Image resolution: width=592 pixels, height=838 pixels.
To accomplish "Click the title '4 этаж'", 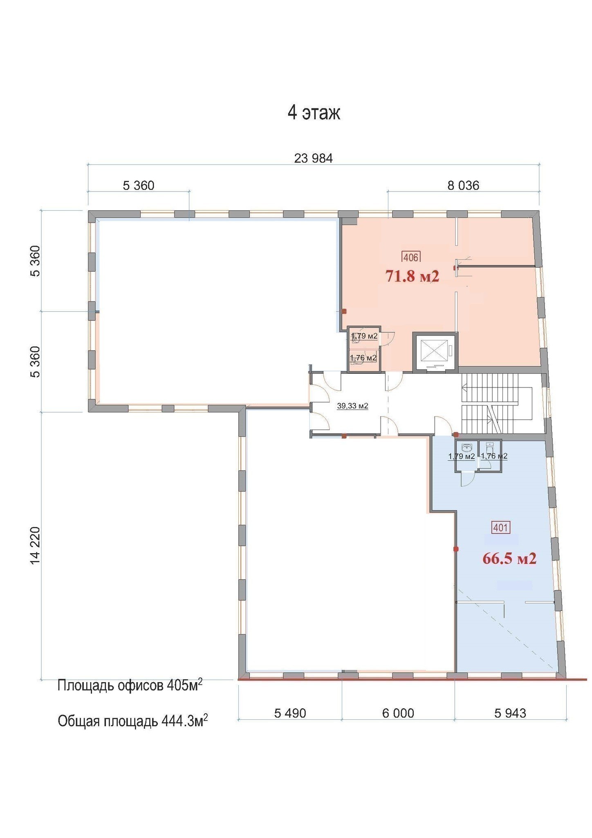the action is click(314, 113).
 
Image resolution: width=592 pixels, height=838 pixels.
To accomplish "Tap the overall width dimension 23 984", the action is click(314, 158).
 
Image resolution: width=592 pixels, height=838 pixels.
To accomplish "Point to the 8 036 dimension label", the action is click(463, 186).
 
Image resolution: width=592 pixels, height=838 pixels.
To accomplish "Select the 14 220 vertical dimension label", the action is click(35, 546).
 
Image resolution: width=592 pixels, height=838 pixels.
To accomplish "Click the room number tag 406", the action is click(411, 257).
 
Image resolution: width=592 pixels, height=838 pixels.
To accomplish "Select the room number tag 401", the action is click(501, 528).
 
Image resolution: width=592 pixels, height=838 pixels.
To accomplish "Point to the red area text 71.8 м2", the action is click(413, 277).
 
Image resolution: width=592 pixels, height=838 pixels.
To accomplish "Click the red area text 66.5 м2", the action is click(509, 559).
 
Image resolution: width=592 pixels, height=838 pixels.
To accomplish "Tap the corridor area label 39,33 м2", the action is click(352, 406).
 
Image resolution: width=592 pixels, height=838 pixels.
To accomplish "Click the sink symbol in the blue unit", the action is click(466, 447).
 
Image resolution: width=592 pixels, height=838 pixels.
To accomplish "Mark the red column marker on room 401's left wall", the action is click(456, 549).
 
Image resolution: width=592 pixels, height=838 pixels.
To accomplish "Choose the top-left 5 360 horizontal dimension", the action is click(139, 186).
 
